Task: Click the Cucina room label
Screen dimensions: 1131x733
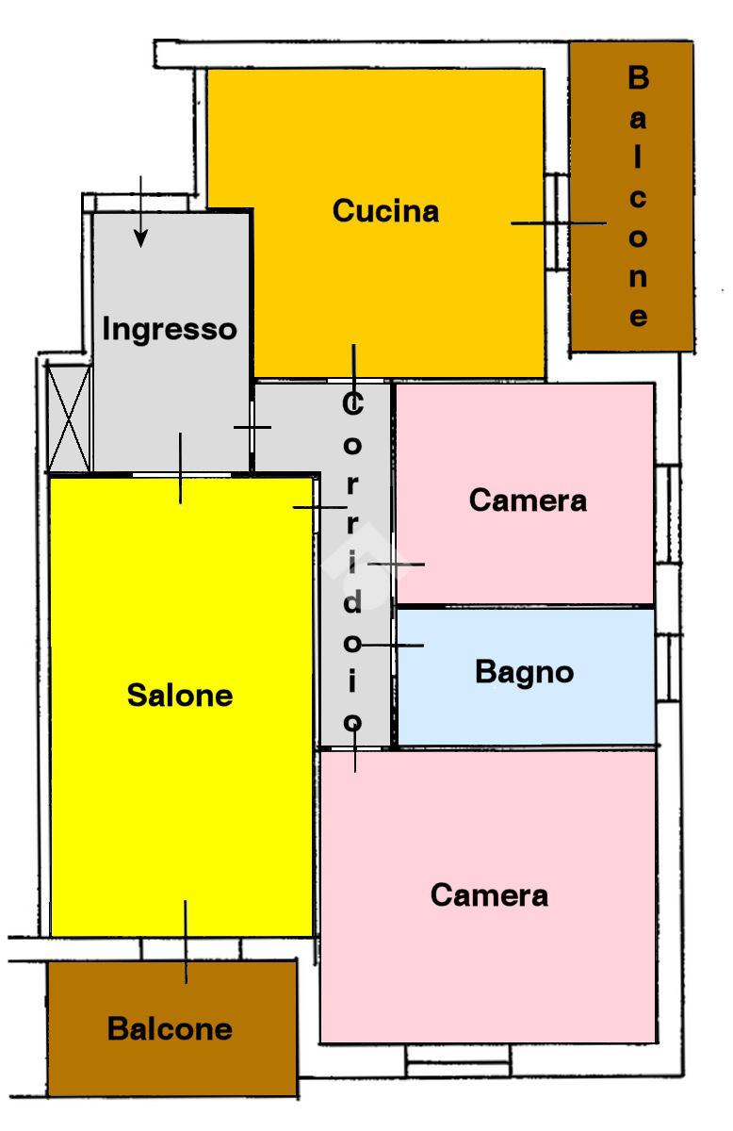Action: coord(385,211)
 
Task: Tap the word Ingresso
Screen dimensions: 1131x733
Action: coord(170,330)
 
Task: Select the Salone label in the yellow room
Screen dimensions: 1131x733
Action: coord(180,696)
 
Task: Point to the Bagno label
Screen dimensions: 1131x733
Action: coord(524,672)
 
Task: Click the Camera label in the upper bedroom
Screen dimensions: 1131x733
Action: coord(528,500)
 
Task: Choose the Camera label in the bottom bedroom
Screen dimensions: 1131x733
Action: coord(489,894)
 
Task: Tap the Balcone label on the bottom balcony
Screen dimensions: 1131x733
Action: coord(170,1028)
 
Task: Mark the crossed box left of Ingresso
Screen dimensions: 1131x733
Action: coord(69,418)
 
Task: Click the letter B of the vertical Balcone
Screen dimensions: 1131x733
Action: coord(638,78)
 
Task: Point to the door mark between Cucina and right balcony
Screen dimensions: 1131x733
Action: coord(559,223)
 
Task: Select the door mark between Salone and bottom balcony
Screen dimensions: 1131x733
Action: coord(186,942)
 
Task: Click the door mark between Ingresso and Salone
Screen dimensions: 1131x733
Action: coord(180,467)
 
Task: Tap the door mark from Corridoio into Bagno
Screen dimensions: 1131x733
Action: coord(394,646)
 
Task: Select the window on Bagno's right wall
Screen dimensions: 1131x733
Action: coord(667,666)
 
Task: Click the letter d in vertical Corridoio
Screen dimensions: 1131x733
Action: coord(351,603)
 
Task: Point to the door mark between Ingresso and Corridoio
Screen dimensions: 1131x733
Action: coord(252,427)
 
